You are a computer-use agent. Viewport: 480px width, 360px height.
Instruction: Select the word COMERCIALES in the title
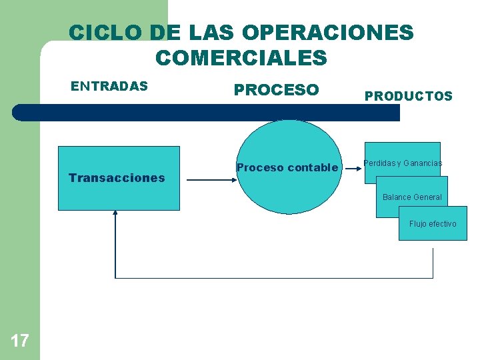click(241, 58)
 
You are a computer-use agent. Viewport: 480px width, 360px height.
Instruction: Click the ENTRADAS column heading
click(109, 86)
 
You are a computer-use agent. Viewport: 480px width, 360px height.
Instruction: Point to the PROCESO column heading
click(276, 90)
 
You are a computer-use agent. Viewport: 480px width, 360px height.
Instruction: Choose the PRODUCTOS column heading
click(408, 97)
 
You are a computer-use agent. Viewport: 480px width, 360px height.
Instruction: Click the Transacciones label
click(117, 178)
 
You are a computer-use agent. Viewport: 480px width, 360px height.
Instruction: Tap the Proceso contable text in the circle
click(287, 168)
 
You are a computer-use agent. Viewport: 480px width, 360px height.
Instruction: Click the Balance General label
click(412, 197)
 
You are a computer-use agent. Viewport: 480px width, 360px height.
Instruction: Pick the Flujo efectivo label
click(433, 224)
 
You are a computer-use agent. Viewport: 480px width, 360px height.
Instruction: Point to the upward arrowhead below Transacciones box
click(115, 214)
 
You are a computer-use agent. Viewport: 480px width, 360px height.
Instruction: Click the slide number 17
click(20, 341)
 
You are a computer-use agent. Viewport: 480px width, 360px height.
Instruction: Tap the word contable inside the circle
click(313, 168)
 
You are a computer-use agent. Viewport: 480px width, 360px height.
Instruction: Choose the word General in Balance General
click(427, 197)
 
